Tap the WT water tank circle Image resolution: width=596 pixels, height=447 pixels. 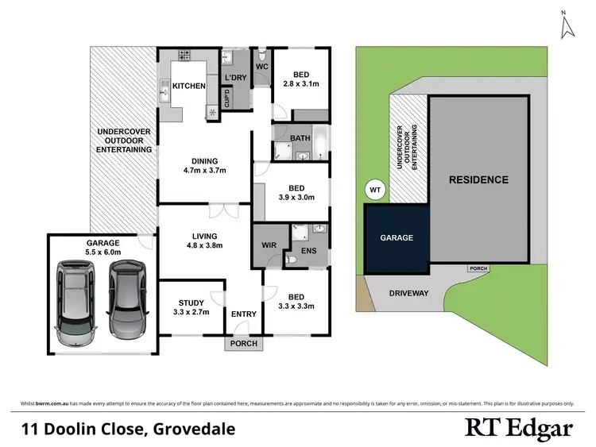click(375, 191)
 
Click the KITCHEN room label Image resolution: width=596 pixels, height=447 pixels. click(189, 86)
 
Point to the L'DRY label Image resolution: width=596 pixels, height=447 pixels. click(235, 76)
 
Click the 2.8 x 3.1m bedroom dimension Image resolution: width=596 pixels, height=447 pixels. click(301, 83)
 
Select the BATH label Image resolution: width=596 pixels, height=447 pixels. click(300, 137)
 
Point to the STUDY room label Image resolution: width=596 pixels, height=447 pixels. click(192, 302)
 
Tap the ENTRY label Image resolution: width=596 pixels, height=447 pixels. click(243, 314)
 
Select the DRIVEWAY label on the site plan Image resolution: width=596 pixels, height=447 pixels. click(409, 293)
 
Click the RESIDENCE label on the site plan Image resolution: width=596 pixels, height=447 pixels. click(478, 180)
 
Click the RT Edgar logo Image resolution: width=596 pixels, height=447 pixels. click(518, 430)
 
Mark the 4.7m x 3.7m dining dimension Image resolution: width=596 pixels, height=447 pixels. click(206, 170)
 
